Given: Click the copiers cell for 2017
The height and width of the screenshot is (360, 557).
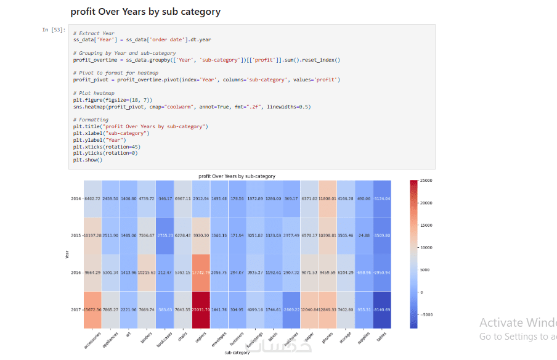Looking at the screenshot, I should pos(201,309).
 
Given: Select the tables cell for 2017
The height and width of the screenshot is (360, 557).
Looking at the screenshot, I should pos(381,309).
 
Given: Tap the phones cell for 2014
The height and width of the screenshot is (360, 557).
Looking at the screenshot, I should pos(328,198).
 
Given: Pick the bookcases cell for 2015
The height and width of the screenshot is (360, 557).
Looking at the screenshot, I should pos(165,235).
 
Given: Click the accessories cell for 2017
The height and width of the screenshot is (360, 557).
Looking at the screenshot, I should pos(93,309).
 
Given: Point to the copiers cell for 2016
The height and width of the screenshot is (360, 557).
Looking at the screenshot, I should pos(201,272).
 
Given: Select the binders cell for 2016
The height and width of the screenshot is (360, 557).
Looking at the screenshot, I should pos(147,272).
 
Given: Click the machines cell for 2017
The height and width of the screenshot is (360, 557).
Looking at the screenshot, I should pos(291,309).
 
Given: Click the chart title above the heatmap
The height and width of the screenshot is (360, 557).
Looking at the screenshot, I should pos(237,176).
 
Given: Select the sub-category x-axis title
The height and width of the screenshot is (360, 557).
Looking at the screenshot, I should pos(237,354).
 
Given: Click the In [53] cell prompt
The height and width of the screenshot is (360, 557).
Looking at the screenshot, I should pos(50,30).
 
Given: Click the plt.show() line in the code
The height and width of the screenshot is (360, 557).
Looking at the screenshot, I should pos(87,160).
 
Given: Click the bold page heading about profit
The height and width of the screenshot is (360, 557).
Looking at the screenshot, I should pos(145,12).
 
